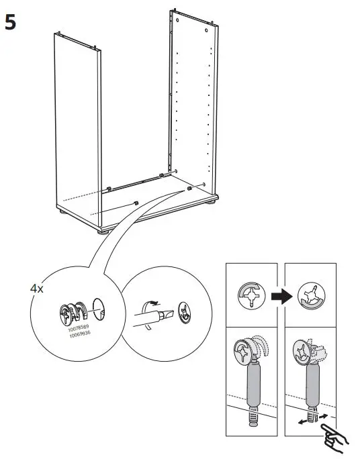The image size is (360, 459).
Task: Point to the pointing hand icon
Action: pos(333,439)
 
